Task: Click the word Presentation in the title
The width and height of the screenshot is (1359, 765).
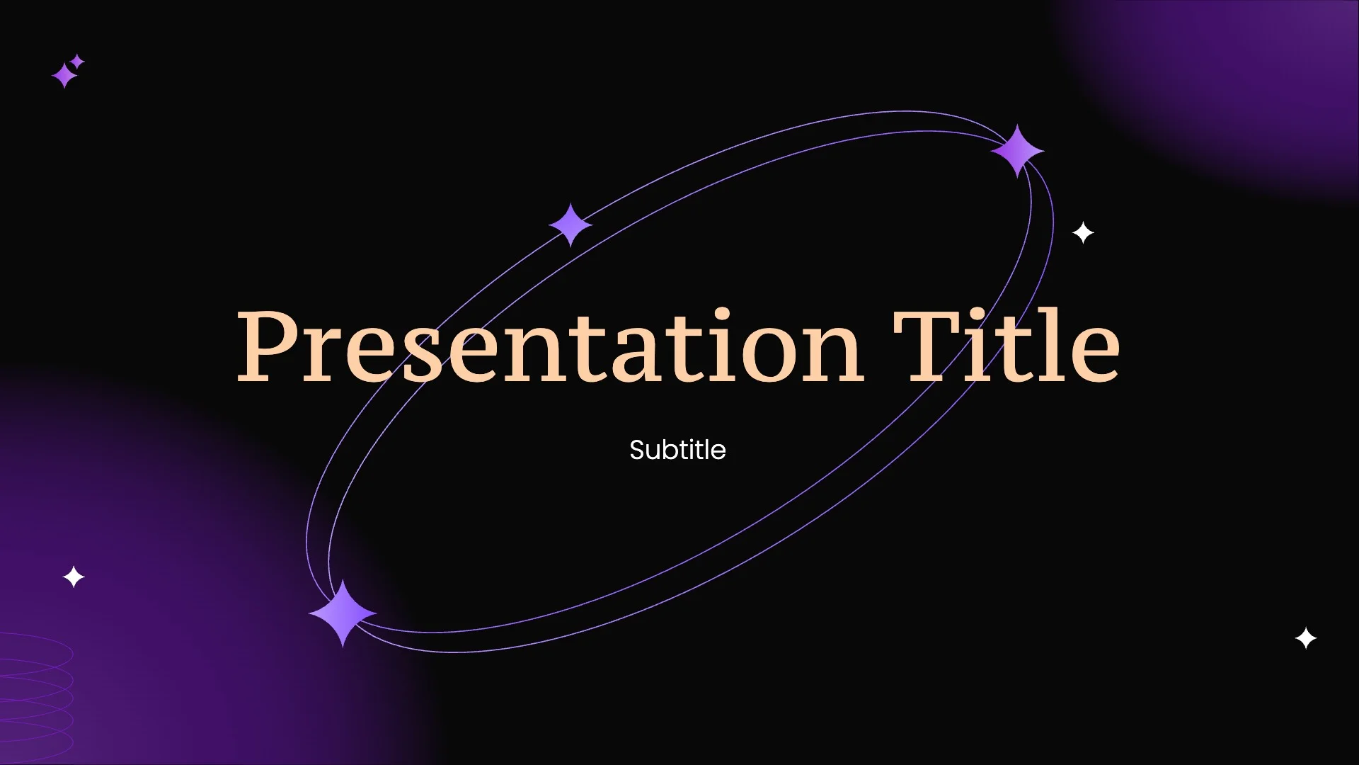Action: [549, 347]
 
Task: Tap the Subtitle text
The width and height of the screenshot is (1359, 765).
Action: [677, 450]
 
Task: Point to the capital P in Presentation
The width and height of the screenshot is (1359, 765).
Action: [269, 347]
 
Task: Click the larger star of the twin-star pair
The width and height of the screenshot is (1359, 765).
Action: [64, 75]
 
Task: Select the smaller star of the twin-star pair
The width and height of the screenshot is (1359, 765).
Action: [78, 62]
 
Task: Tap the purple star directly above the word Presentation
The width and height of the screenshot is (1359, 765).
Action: [570, 225]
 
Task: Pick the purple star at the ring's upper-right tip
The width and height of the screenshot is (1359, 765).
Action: [1017, 151]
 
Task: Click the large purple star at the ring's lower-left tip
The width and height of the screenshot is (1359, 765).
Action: [343, 613]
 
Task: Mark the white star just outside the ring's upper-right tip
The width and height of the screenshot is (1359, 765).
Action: [1083, 232]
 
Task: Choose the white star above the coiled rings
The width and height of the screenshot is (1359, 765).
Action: [74, 577]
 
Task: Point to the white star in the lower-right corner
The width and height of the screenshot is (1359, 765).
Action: [1305, 638]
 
